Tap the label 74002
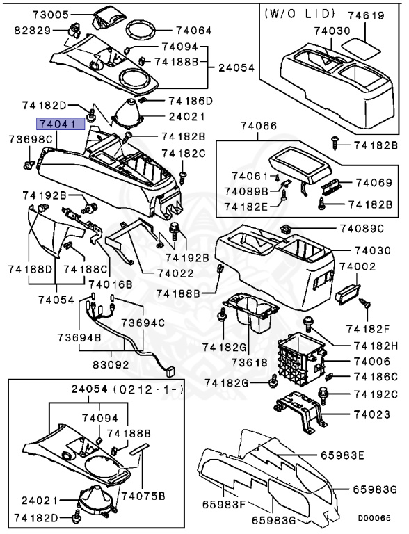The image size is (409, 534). pyautogui.click(x=358, y=267)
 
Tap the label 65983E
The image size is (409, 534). pyautogui.click(x=342, y=455)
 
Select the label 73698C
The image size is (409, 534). pyautogui.click(x=31, y=140)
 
